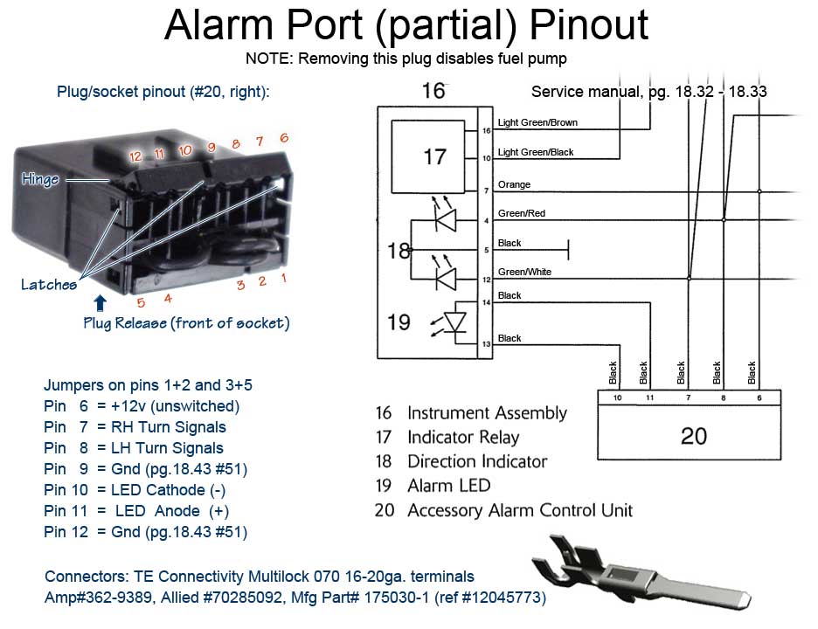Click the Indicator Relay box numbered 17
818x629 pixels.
[433, 157]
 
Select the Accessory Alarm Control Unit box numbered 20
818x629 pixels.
[693, 434]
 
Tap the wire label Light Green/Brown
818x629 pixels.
[537, 123]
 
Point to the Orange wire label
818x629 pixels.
[514, 185]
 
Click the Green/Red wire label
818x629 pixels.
[521, 214]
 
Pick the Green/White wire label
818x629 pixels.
[524, 273]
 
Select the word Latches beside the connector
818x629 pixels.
[49, 285]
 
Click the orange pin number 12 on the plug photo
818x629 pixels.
[135, 156]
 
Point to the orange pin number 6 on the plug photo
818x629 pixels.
[283, 138]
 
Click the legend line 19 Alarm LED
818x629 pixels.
[433, 486]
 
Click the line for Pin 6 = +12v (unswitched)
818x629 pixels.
[142, 406]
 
